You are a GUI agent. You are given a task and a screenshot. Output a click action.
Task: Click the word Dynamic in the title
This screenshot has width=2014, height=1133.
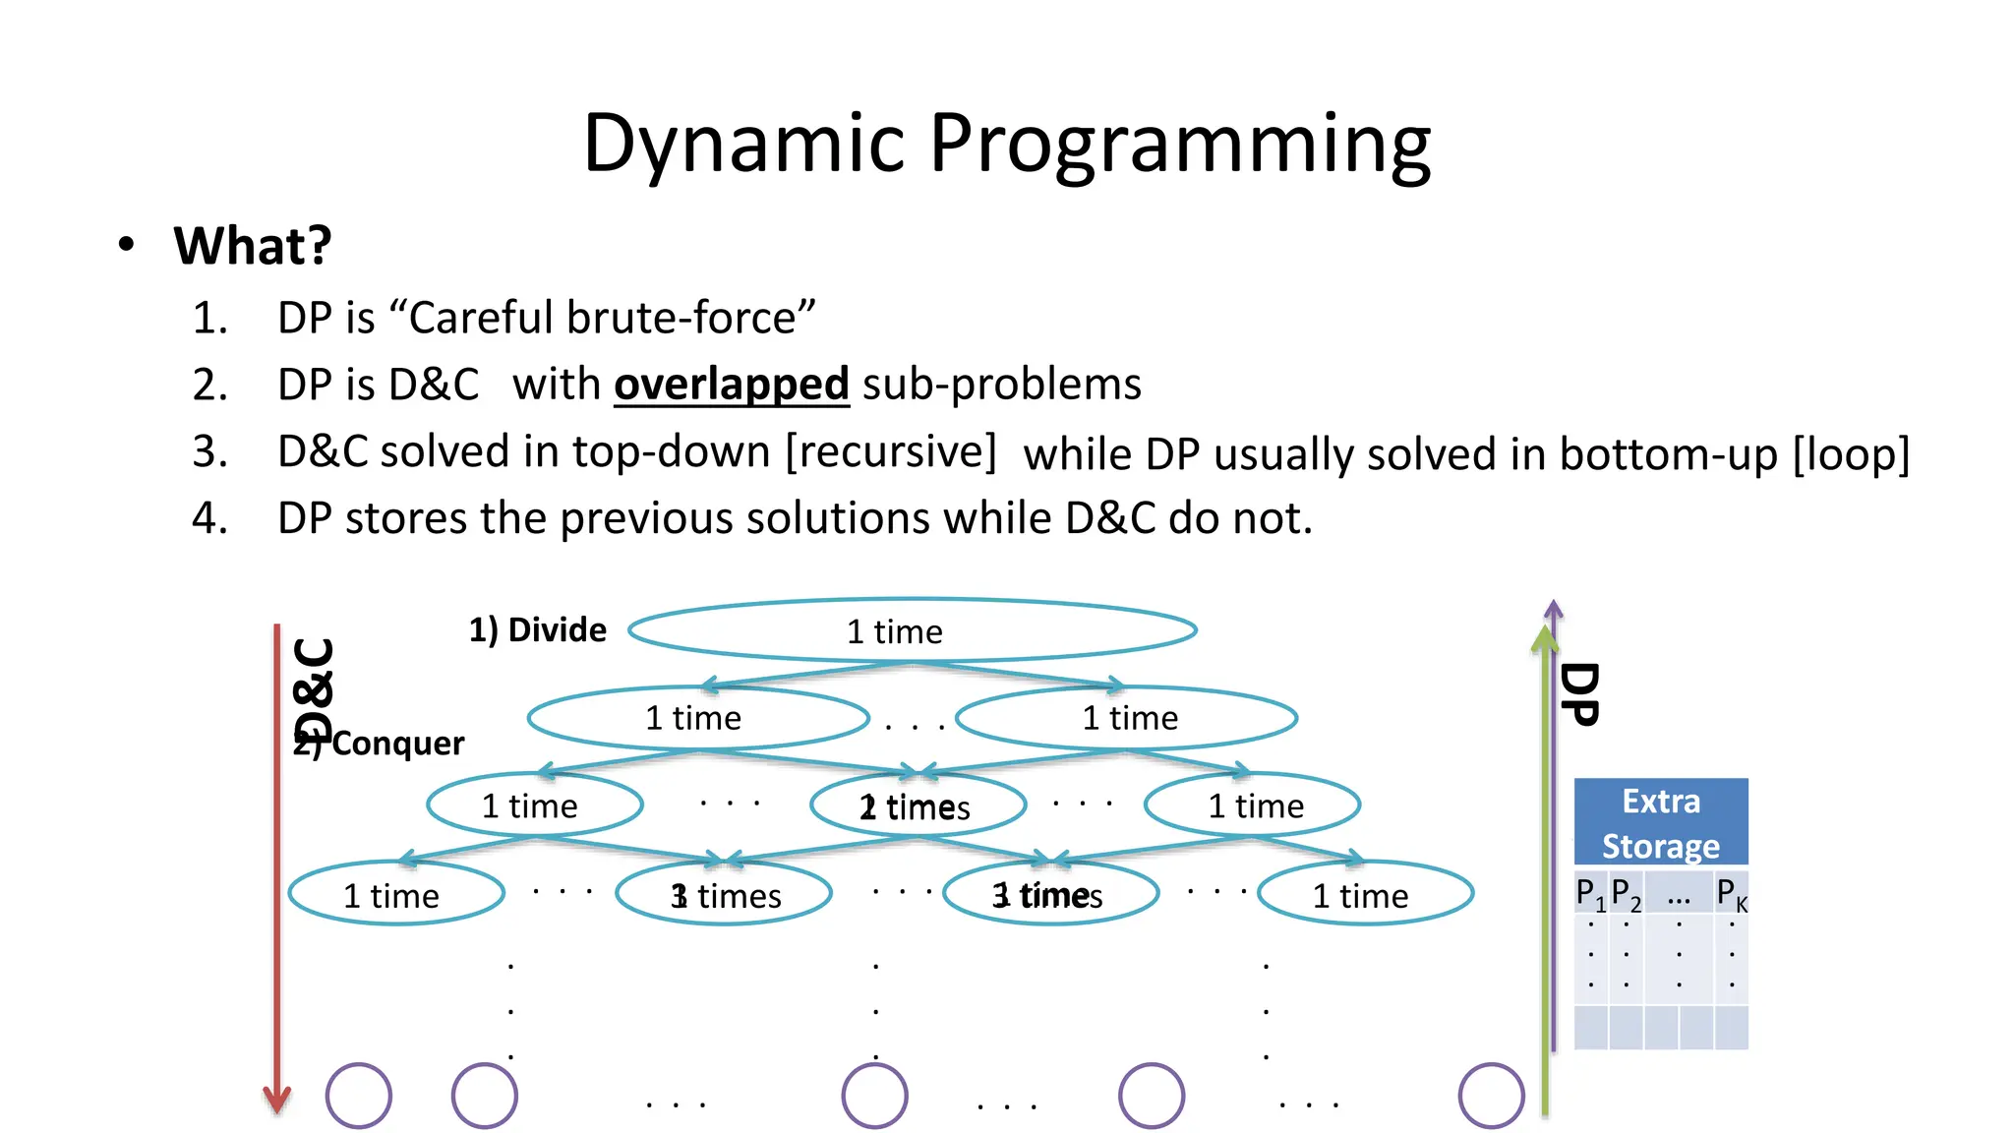click(x=743, y=144)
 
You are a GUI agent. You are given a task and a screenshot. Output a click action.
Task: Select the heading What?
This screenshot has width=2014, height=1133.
click(x=253, y=246)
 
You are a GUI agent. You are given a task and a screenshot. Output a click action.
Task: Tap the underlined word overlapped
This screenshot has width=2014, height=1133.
click(x=731, y=384)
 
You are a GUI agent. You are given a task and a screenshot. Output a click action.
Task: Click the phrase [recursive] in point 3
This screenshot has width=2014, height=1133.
click(x=891, y=451)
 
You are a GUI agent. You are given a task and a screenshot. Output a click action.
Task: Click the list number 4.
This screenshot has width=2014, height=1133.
click(x=208, y=518)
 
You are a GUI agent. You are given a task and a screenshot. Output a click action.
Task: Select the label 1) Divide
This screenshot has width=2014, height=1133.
click(x=537, y=629)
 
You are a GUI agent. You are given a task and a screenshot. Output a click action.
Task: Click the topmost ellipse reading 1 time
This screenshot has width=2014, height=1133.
click(x=912, y=630)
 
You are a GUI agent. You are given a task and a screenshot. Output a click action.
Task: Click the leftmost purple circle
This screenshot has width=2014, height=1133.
click(x=359, y=1095)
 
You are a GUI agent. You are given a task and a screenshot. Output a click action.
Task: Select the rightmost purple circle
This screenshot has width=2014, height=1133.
click(x=1491, y=1095)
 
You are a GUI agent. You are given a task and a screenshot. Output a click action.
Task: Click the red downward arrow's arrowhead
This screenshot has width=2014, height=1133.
click(x=277, y=1099)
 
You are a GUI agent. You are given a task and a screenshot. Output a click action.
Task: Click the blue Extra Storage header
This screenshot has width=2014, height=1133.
click(x=1660, y=822)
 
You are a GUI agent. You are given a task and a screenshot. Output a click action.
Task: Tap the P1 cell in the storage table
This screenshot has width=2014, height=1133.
click(x=1590, y=893)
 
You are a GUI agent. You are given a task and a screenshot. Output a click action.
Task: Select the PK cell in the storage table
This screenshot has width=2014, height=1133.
click(x=1731, y=893)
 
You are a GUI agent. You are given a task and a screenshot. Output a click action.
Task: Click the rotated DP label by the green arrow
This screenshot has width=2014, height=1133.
click(x=1579, y=694)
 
